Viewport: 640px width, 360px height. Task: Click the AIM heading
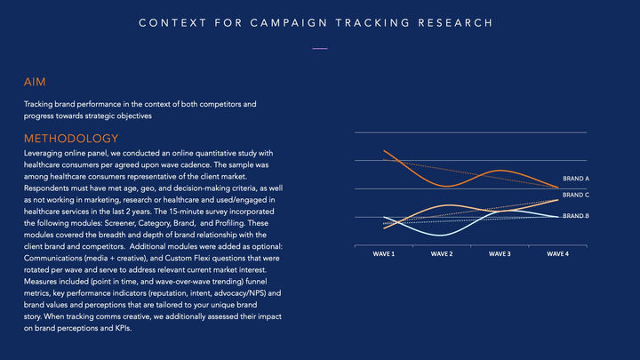pyautogui.click(x=35, y=82)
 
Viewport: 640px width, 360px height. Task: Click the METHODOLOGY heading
pyautogui.click(x=71, y=139)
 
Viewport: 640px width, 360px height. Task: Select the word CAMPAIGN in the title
pyautogui.click(x=289, y=23)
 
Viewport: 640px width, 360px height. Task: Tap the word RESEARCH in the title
pyautogui.click(x=455, y=23)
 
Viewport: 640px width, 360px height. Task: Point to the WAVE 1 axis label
pyautogui.click(x=384, y=254)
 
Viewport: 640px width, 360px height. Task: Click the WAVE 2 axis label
pyautogui.click(x=442, y=254)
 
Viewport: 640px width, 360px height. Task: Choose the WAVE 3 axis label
pyautogui.click(x=500, y=254)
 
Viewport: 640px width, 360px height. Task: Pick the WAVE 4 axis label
pyautogui.click(x=557, y=254)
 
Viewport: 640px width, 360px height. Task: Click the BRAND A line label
pyautogui.click(x=576, y=179)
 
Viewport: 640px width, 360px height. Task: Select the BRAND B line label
pyautogui.click(x=576, y=216)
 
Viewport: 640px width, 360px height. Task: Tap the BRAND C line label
pyautogui.click(x=576, y=195)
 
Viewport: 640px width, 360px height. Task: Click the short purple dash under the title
pyautogui.click(x=320, y=49)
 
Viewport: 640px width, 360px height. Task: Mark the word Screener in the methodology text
pyautogui.click(x=120, y=223)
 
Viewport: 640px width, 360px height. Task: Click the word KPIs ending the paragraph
pyautogui.click(x=124, y=328)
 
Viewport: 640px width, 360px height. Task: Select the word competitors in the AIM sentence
pyautogui.click(x=220, y=105)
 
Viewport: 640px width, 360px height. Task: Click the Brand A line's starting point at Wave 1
pyautogui.click(x=384, y=151)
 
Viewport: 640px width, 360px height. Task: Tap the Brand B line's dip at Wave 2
pyautogui.click(x=441, y=236)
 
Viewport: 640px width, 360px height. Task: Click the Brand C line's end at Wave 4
pyautogui.click(x=557, y=200)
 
